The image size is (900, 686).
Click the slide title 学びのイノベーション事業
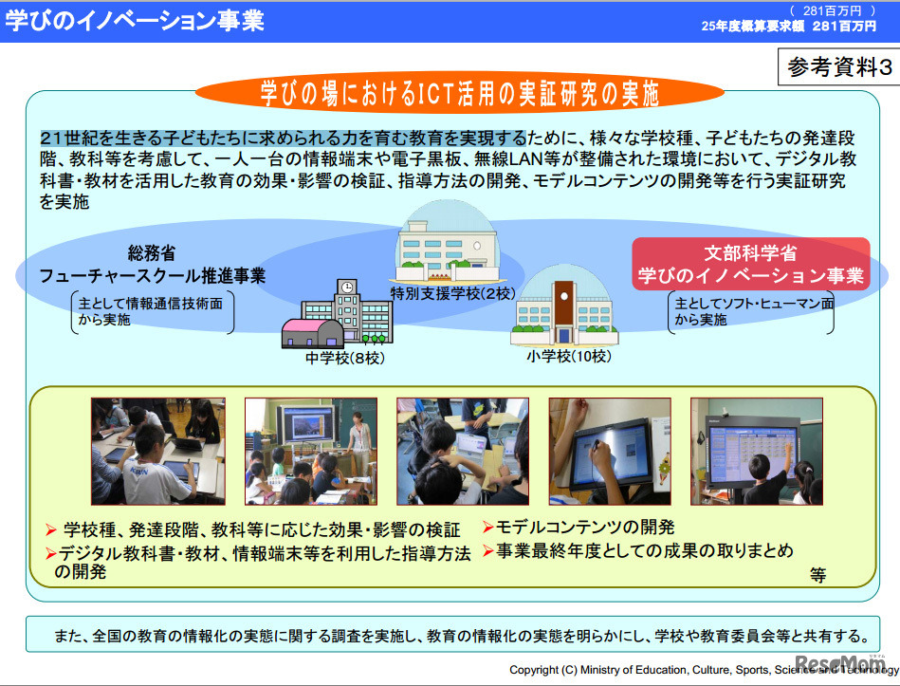[x=135, y=20]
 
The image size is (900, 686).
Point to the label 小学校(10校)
[x=568, y=356]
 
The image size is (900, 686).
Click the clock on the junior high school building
[x=347, y=287]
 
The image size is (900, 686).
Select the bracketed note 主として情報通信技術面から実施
[x=153, y=312]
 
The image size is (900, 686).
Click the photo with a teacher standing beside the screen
[x=310, y=450]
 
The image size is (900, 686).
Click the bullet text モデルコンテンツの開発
[x=584, y=528]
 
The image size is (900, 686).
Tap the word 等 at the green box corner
[x=818, y=574]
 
